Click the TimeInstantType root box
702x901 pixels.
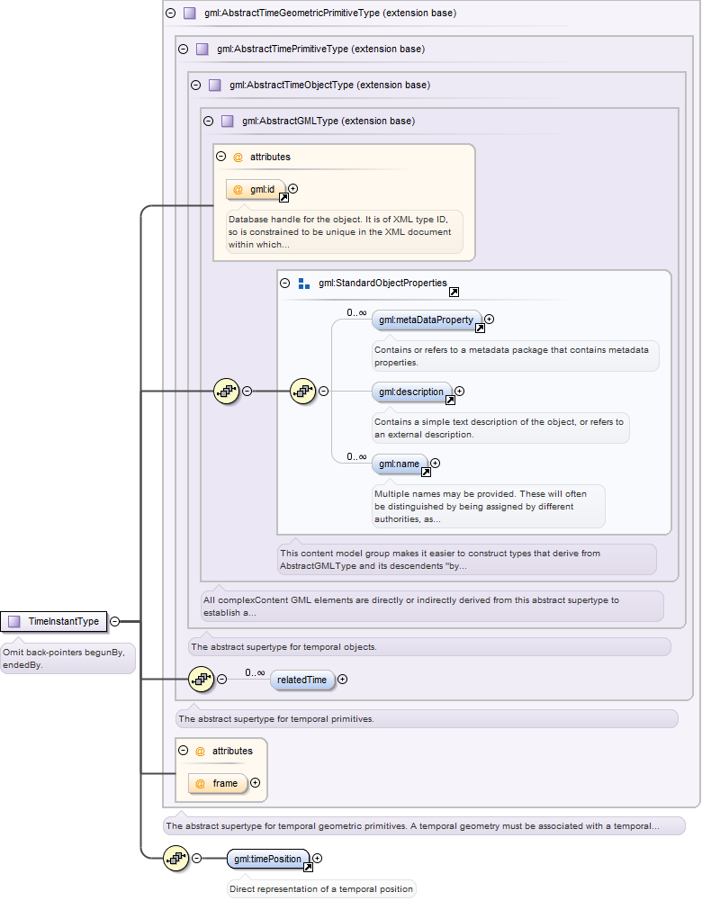(x=54, y=621)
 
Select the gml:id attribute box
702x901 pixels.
(x=256, y=189)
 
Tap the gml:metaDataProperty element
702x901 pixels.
(x=427, y=320)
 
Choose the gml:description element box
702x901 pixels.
(x=412, y=392)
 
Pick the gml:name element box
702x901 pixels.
(x=400, y=464)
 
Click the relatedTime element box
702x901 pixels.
(x=302, y=680)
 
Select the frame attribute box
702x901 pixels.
(x=219, y=783)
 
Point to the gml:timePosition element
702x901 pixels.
(x=268, y=859)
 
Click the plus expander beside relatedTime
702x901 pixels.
(x=342, y=680)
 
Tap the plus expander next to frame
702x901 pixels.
(x=255, y=782)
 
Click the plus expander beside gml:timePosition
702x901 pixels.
(x=317, y=859)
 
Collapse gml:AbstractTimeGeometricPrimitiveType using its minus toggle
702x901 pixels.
(x=171, y=13)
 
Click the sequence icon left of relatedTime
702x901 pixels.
(x=201, y=680)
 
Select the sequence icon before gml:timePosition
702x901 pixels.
(x=175, y=859)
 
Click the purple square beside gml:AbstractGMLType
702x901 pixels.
(x=228, y=122)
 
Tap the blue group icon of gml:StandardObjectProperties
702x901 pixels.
(x=304, y=284)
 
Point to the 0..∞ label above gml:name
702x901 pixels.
(x=356, y=457)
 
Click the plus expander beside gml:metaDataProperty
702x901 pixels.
(x=490, y=319)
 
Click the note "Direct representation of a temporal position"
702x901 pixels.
(x=321, y=889)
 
